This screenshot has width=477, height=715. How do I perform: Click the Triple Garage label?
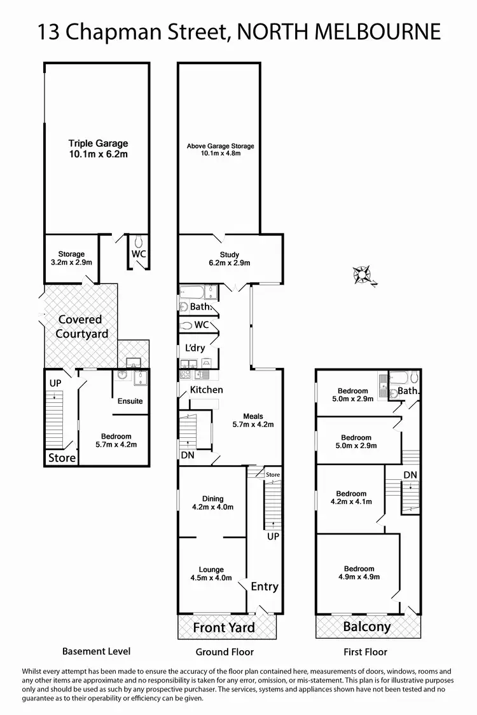click(x=98, y=149)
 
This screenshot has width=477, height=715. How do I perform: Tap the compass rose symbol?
click(x=364, y=275)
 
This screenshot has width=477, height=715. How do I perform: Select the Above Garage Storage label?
click(x=220, y=149)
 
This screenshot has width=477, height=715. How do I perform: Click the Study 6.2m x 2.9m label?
click(x=230, y=259)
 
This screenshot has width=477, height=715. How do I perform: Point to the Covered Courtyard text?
click(x=81, y=326)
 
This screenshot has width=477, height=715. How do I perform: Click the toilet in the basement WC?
click(x=139, y=242)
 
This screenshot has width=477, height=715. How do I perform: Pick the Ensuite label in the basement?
click(x=130, y=401)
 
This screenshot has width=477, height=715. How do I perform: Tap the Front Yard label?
click(x=224, y=628)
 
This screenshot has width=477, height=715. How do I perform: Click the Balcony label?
click(x=367, y=627)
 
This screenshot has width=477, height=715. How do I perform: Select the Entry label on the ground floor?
click(x=264, y=586)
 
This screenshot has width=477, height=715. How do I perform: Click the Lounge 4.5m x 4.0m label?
click(x=211, y=574)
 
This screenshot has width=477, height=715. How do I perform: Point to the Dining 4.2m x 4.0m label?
click(x=213, y=503)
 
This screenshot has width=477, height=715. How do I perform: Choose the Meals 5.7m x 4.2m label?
click(x=253, y=420)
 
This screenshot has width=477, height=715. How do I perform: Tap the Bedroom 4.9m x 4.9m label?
click(x=359, y=573)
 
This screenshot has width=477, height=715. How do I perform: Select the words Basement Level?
click(x=96, y=651)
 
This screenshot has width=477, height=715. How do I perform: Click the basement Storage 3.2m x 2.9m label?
click(x=71, y=258)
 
